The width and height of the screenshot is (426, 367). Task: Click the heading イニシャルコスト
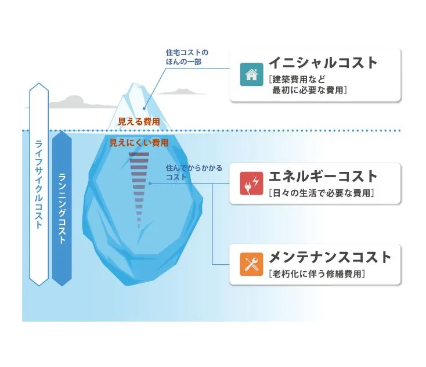point(323,63)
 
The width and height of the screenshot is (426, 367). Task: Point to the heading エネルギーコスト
point(323,176)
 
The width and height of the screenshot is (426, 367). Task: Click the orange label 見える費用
point(139,122)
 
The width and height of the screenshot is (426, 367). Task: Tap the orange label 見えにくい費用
point(139,143)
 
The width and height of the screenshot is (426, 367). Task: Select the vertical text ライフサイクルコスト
point(38,185)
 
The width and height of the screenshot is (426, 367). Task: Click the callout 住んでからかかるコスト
point(193,172)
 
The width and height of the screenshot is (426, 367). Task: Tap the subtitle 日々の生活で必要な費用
point(321,193)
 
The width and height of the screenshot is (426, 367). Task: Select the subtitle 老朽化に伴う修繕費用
point(317,274)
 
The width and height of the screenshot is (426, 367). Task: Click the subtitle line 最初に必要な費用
point(309,90)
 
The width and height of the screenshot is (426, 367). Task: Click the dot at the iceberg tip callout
point(145,108)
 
